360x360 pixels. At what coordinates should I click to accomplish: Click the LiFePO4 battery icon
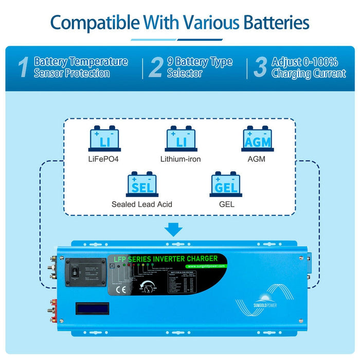pos(105,139)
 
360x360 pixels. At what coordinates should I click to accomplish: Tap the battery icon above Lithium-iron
pos(182,139)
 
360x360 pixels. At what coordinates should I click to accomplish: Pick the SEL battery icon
pos(141,184)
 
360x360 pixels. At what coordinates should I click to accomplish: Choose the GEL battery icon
pos(226,184)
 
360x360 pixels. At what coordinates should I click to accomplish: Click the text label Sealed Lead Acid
pos(142,204)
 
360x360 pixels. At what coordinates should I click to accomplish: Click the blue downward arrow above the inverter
pos(174,229)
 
